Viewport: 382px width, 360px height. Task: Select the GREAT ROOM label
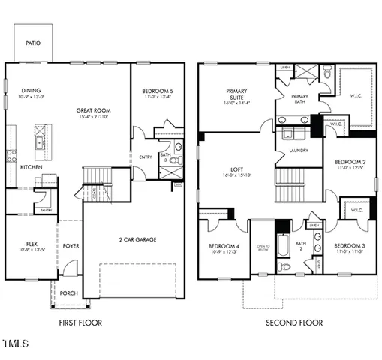coord(93,110)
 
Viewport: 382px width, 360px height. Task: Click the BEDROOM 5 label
coord(157,91)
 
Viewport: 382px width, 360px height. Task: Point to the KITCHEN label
coord(31,166)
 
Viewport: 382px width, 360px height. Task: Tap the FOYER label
coord(70,244)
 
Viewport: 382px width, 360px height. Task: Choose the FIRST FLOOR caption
coord(80,322)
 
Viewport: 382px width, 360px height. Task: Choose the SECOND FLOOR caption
coord(294,322)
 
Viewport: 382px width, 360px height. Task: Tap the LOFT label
coord(237,171)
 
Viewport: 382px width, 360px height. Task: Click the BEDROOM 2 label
coord(350,163)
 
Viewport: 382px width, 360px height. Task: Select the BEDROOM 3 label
coord(350,246)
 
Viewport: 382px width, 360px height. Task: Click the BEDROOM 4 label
coord(224,246)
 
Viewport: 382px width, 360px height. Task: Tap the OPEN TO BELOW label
coord(263,247)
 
